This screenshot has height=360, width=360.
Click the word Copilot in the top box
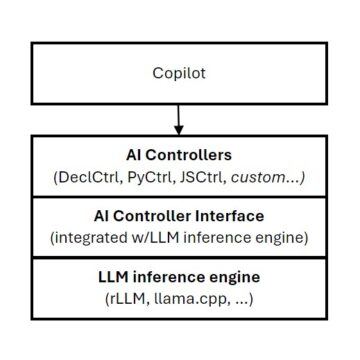click(x=180, y=73)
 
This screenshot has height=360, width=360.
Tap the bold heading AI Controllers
click(x=180, y=157)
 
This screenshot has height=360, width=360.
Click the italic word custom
click(x=261, y=178)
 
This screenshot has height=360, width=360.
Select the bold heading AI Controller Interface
click(x=180, y=217)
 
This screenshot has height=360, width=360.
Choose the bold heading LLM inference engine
click(x=180, y=276)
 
